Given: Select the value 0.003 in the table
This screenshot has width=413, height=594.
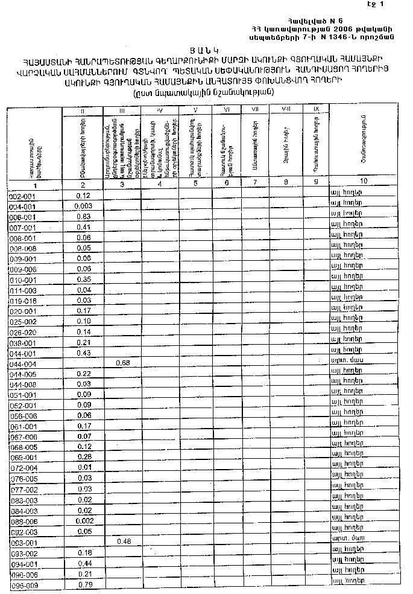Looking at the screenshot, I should coord(84,206).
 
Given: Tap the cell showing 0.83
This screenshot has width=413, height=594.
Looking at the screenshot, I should coord(84,217).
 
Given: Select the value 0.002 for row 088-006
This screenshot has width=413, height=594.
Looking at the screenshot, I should coord(84,520).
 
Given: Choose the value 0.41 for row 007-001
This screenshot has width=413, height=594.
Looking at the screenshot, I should coord(84,227).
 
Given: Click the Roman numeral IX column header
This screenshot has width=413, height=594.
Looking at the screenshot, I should coord(316,109).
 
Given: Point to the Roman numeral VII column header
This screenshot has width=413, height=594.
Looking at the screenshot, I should coord(255,109).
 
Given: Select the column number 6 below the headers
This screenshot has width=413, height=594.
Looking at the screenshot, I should coord(226,182).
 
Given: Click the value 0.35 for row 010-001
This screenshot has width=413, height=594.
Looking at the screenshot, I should coord(84,279).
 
